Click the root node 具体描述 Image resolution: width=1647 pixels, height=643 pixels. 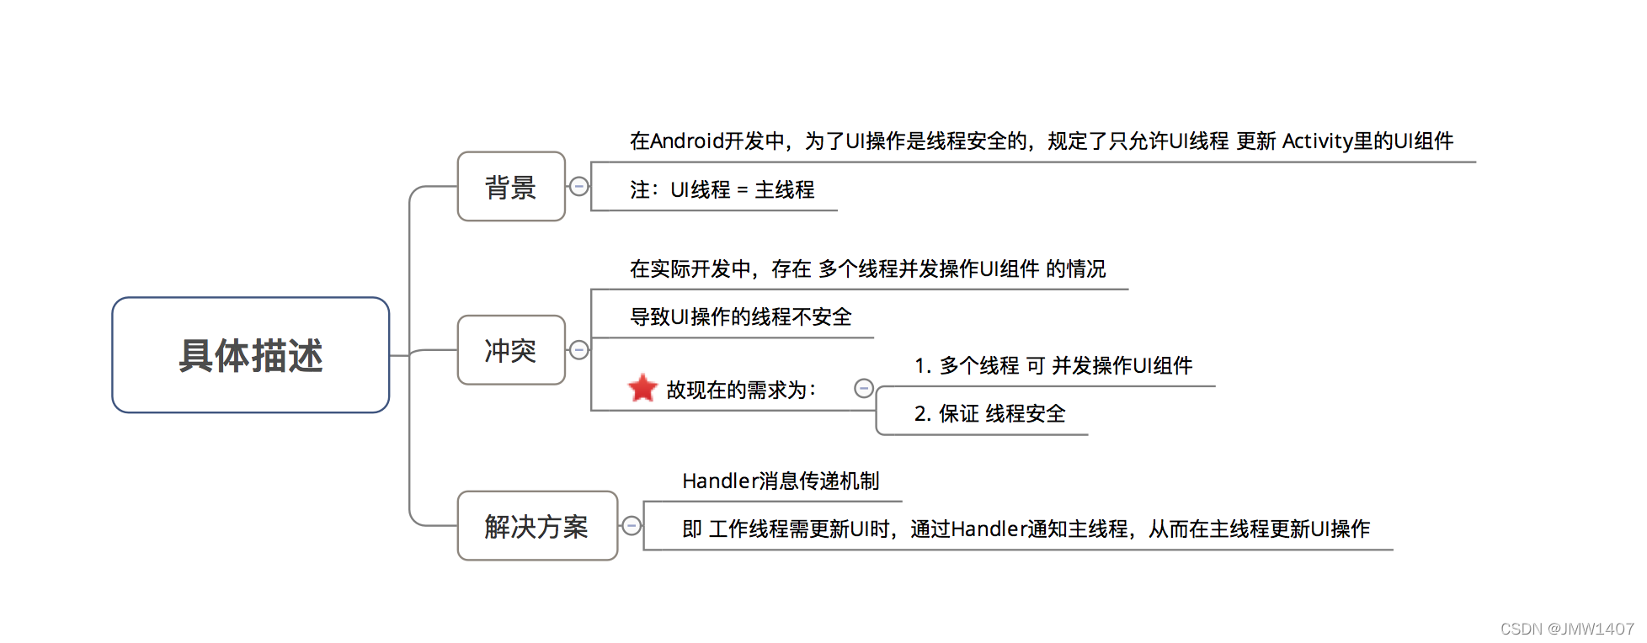[251, 355]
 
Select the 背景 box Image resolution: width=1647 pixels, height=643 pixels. [511, 186]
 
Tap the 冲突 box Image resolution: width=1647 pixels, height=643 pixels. [511, 350]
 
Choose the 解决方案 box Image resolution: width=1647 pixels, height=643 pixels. [537, 526]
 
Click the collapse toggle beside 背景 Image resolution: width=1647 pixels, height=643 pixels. [579, 186]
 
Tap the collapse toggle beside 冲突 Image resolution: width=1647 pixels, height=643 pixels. [579, 350]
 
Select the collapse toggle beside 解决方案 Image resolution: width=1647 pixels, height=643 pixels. [632, 526]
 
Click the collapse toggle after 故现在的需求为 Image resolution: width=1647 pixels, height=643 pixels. [864, 388]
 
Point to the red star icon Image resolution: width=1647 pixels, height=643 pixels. [642, 388]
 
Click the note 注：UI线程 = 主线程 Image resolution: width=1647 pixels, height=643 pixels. [722, 190]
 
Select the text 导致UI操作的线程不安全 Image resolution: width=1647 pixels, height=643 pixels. [741, 317]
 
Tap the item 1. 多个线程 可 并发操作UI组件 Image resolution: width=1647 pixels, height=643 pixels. [1053, 366]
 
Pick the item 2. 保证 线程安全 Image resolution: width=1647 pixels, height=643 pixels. [990, 414]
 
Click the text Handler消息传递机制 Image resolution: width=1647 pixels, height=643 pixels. [781, 481]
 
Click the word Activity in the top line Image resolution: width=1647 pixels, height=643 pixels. [1317, 141]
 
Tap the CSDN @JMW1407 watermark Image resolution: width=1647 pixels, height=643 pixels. [1567, 629]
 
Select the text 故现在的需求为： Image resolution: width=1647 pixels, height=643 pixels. [742, 390]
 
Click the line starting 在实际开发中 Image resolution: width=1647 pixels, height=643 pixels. [868, 269]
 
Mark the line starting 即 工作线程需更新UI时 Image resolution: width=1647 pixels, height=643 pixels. [1026, 529]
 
